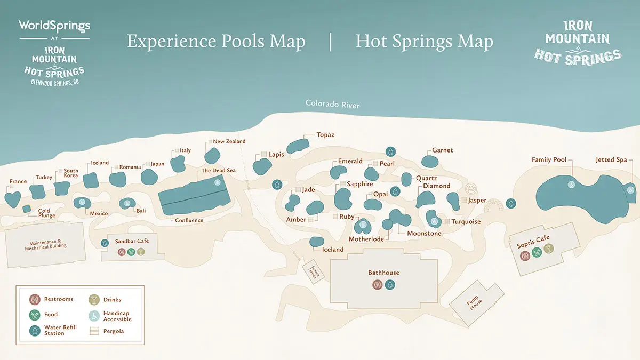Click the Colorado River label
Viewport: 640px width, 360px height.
(x=332, y=105)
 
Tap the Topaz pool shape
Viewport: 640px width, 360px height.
(x=298, y=146)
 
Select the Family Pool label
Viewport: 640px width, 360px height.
(x=549, y=160)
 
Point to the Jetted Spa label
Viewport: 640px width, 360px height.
(x=611, y=160)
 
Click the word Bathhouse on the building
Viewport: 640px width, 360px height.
(x=383, y=273)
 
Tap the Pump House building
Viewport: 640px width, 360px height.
(x=476, y=303)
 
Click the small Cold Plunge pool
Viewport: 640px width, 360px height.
(x=26, y=209)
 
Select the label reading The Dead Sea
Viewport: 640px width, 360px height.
(x=218, y=171)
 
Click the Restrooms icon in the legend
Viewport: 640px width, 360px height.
(x=35, y=299)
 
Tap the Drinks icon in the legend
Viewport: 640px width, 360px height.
(x=94, y=299)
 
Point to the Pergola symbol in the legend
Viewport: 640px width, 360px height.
(x=94, y=331)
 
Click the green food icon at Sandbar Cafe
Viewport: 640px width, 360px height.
(x=131, y=252)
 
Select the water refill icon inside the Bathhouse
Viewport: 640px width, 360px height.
(x=390, y=285)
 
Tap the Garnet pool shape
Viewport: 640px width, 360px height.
(x=429, y=161)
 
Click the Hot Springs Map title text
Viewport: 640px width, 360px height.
(x=424, y=42)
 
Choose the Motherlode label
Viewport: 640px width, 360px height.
(x=366, y=239)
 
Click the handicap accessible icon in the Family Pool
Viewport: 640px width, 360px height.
(x=570, y=185)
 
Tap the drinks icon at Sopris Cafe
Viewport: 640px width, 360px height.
(x=548, y=249)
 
